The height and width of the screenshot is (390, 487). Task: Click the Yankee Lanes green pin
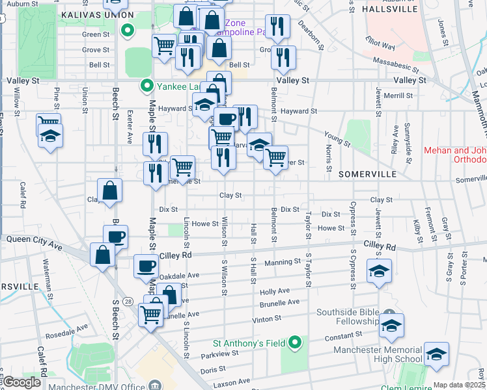[148, 85]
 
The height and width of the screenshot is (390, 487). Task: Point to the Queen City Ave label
[34, 239]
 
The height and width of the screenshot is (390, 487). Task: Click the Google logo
[21, 382]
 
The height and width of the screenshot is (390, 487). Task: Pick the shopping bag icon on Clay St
[110, 191]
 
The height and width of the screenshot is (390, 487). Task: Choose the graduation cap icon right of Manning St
[379, 271]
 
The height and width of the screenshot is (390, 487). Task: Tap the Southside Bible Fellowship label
[347, 316]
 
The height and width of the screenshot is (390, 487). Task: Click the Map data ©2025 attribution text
[460, 385]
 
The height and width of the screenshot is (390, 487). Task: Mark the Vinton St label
[267, 319]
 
